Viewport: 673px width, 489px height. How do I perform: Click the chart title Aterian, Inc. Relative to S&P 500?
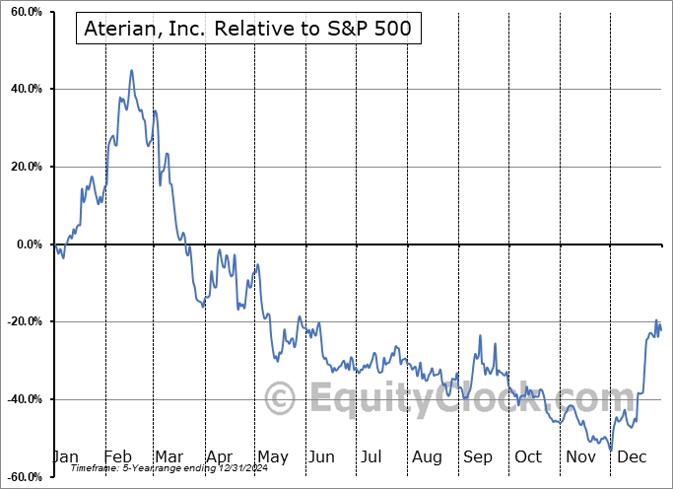click(x=249, y=31)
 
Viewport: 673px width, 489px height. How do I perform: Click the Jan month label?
click(x=65, y=457)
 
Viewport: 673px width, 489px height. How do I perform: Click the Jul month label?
click(x=371, y=457)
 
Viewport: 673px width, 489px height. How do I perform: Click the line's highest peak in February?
click(x=131, y=71)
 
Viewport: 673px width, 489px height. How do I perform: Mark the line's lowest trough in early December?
click(x=611, y=451)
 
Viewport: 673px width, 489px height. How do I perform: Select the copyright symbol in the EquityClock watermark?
click(x=281, y=398)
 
